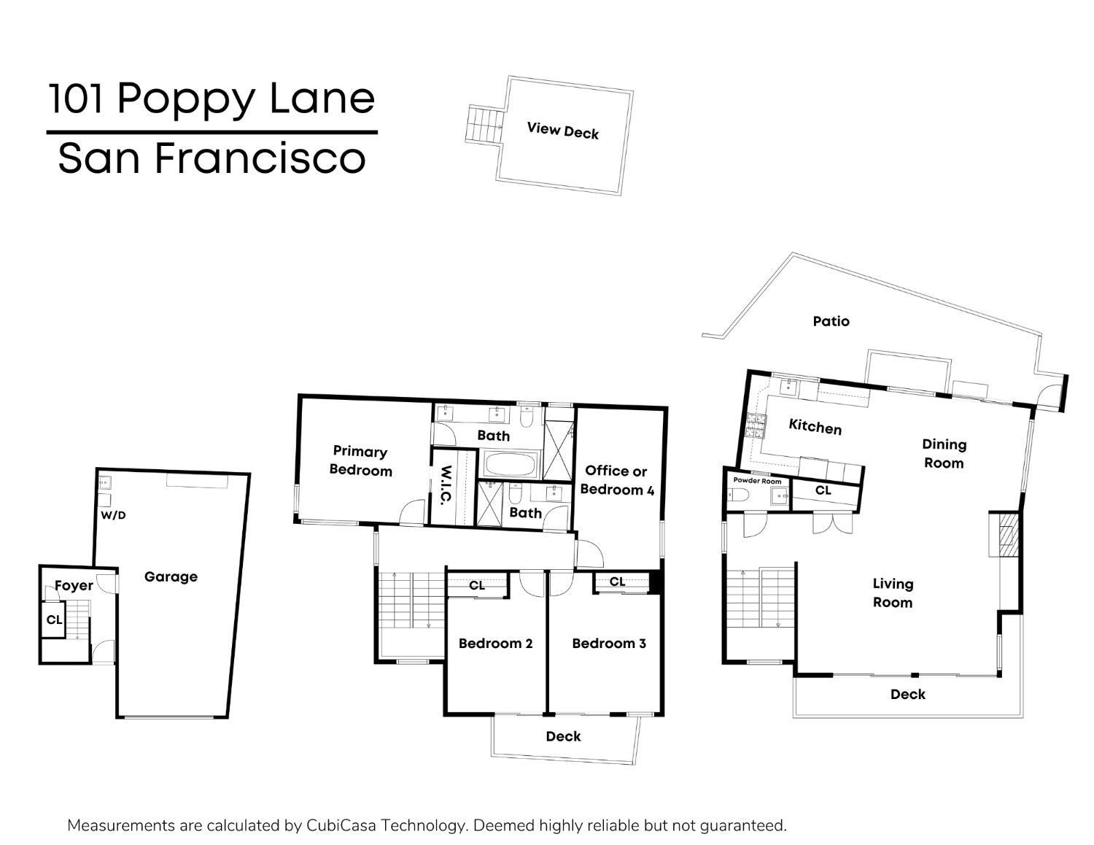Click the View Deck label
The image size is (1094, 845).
(x=562, y=131)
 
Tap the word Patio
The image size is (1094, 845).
(x=831, y=321)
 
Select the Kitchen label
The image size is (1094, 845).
(x=815, y=427)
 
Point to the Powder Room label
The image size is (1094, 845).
(x=757, y=481)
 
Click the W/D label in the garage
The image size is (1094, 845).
(x=113, y=515)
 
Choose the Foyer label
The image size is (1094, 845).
(x=74, y=585)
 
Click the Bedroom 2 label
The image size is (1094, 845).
(x=495, y=644)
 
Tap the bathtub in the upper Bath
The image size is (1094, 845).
(x=510, y=465)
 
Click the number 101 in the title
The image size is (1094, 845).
(x=77, y=99)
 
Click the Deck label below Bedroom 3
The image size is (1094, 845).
(x=563, y=736)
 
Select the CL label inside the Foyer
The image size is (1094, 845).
(x=54, y=620)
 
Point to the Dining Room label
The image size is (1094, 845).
(x=944, y=453)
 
